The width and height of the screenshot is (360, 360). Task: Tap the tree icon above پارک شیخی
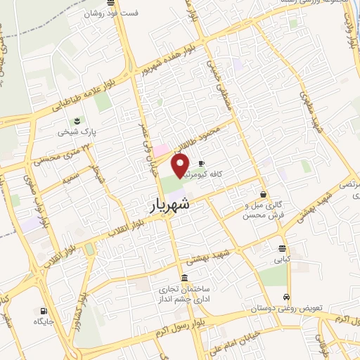(78, 120)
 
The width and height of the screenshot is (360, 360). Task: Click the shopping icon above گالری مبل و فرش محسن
(263, 195)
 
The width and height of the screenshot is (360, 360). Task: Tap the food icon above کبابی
(282, 248)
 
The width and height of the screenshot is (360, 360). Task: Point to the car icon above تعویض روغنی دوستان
(287, 297)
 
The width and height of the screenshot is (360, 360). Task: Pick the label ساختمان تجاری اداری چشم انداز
(184, 294)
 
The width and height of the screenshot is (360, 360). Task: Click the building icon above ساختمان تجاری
(184, 277)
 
